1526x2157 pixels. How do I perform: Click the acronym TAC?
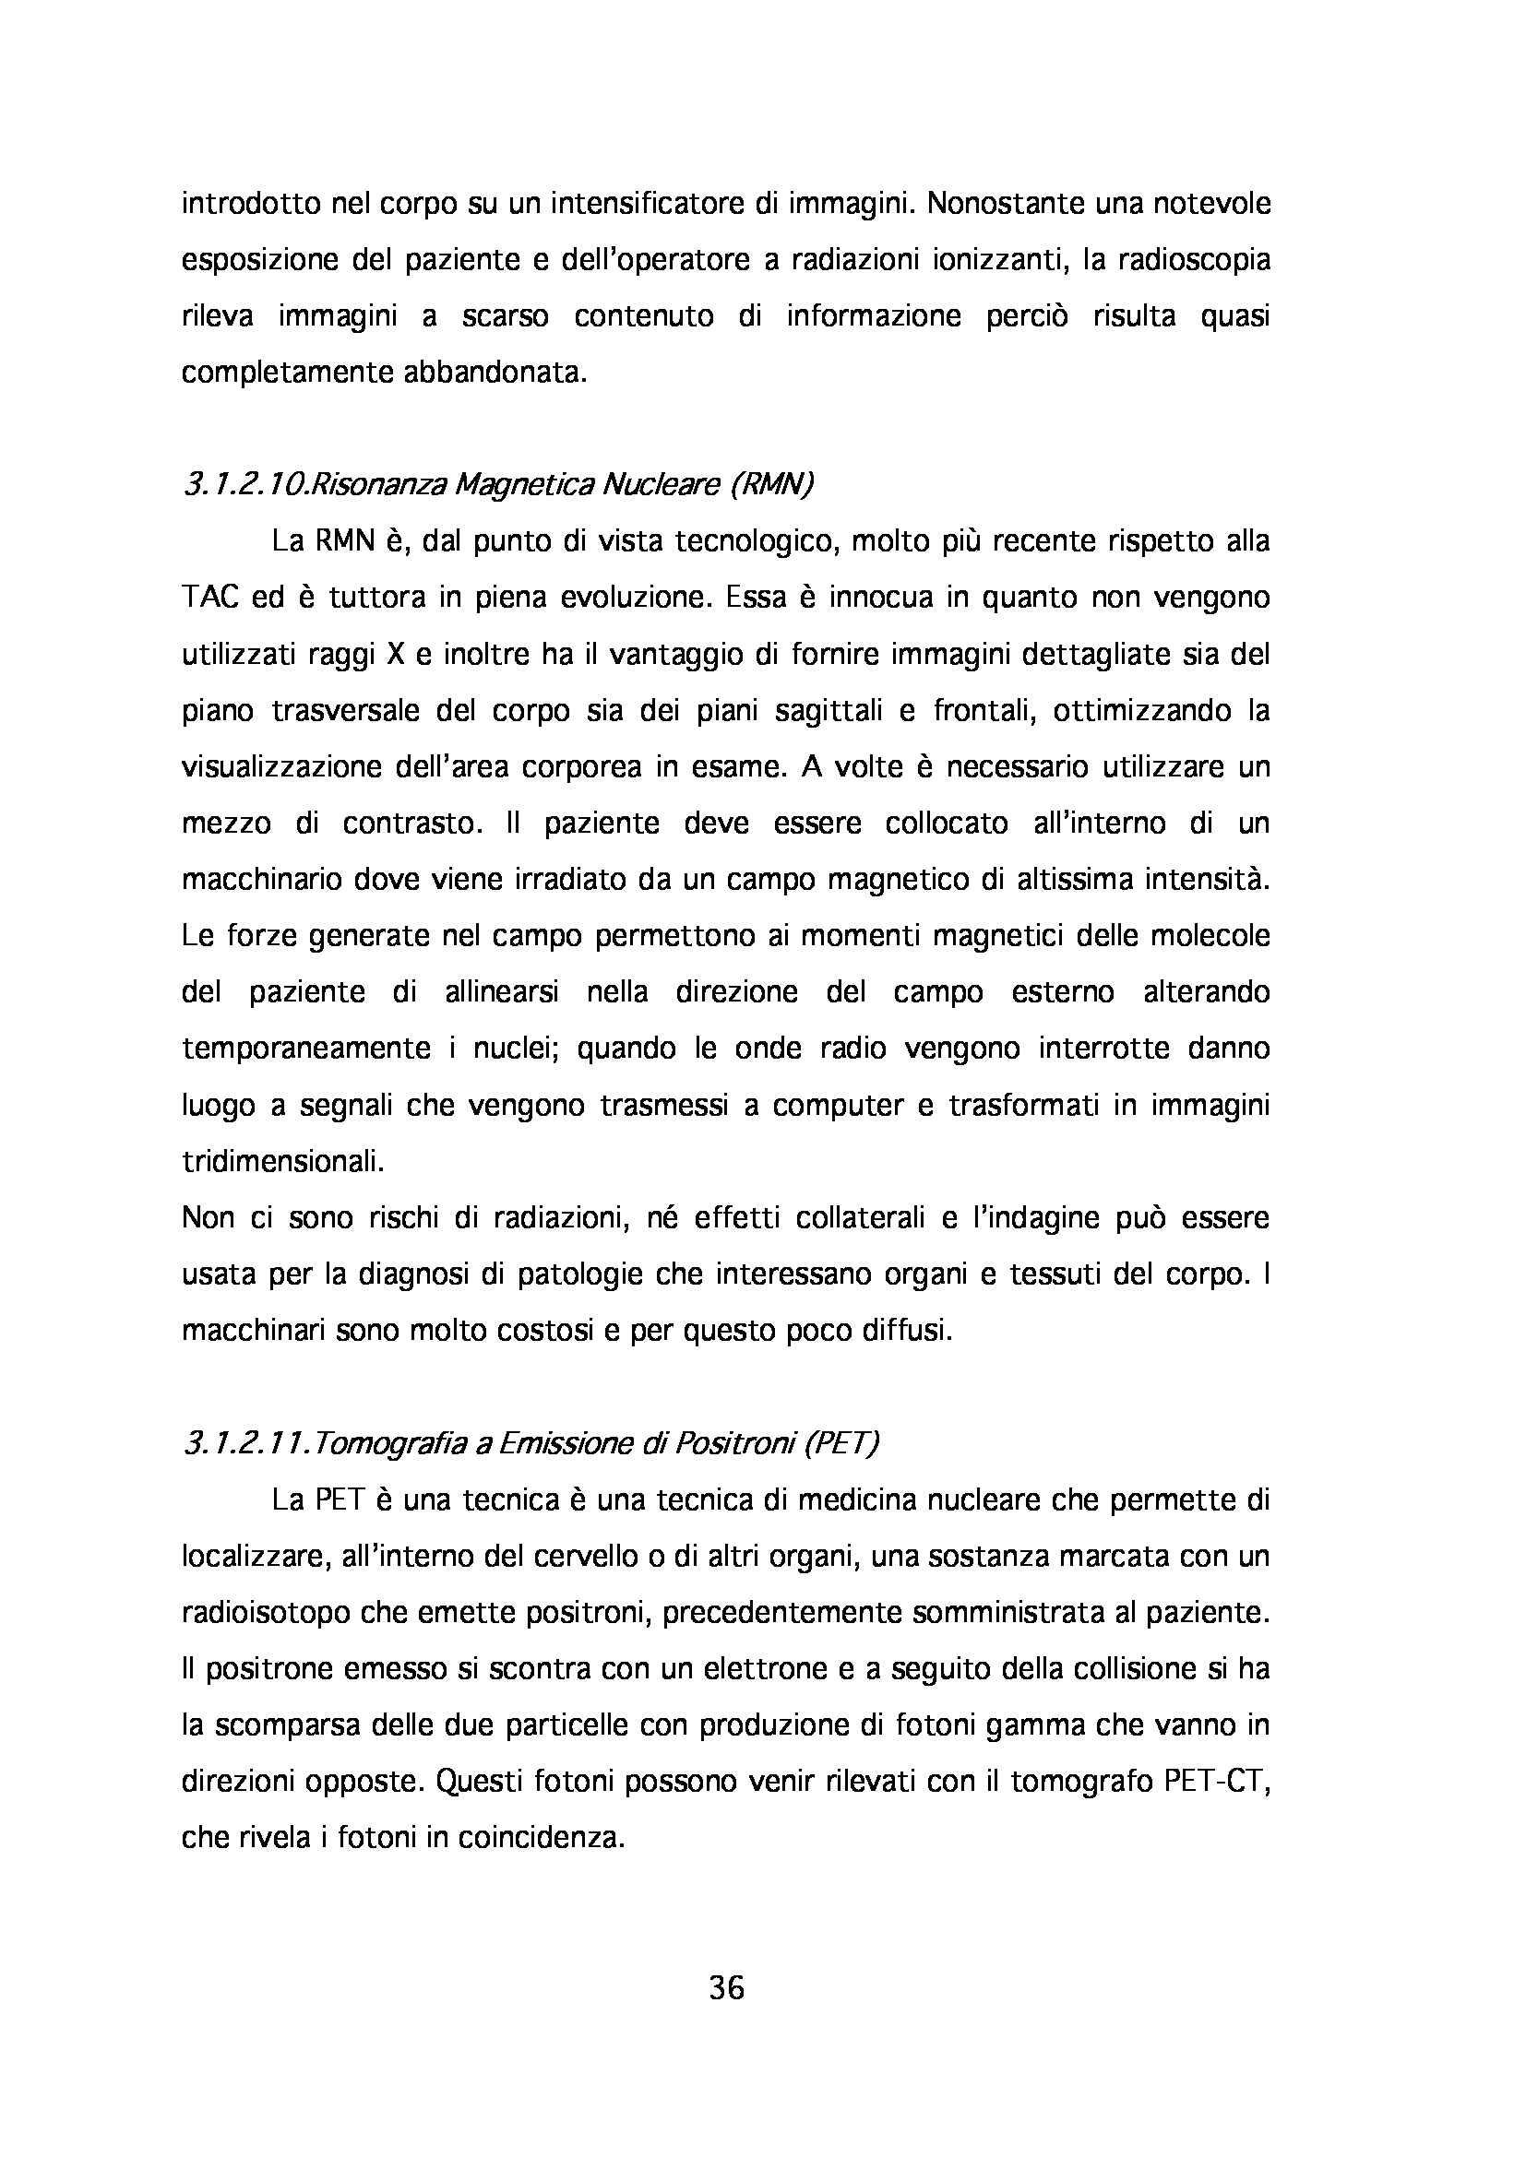click(211, 598)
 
